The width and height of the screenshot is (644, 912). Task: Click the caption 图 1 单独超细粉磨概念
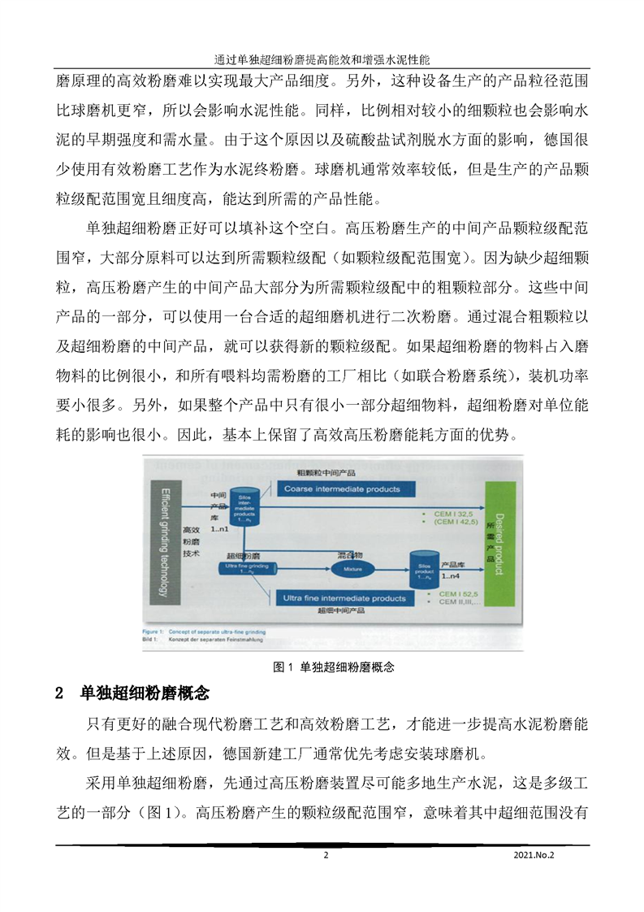(335, 667)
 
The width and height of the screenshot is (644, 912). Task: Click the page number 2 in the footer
(326, 855)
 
